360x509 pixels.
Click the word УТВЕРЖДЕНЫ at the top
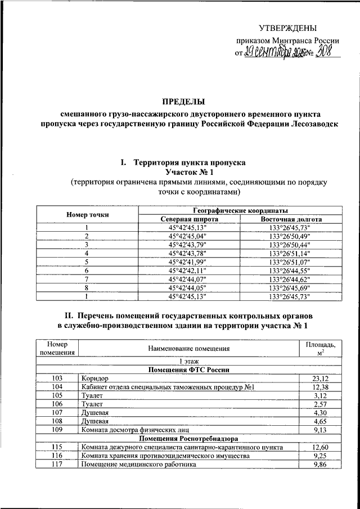click(287, 28)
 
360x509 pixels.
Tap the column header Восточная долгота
click(291, 219)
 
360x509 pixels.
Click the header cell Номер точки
click(87, 215)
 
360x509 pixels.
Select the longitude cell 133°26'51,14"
click(291, 253)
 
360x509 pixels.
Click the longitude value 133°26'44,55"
click(291, 271)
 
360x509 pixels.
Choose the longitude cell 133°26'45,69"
click(291, 287)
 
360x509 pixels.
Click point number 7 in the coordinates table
click(87, 279)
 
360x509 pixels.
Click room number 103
click(56, 379)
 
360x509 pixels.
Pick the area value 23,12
click(319, 379)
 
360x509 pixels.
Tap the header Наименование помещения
click(189, 349)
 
